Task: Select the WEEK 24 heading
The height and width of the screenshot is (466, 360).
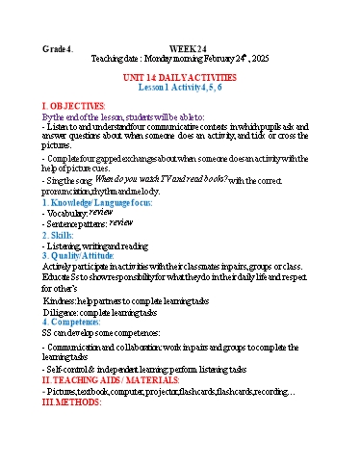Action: coord(189,48)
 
